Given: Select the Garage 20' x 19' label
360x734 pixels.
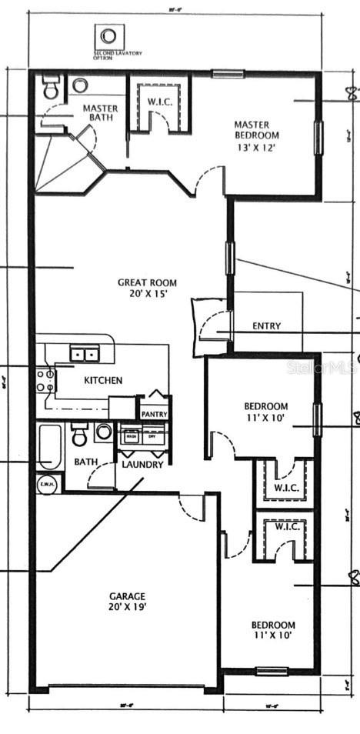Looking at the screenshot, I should [126, 601].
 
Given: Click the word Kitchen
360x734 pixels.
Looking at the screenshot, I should [103, 380].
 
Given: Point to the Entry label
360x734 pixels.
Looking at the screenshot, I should [266, 326].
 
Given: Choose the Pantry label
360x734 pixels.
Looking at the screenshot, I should [155, 414].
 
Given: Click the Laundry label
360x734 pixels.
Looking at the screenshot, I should [142, 465].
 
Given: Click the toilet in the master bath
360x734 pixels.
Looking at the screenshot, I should [51, 87].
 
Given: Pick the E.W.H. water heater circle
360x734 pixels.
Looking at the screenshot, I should [47, 484].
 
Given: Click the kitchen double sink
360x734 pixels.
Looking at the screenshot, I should [85, 354].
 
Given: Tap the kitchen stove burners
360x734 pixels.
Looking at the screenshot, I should [45, 382].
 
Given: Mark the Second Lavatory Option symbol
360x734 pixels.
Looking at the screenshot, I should [109, 35].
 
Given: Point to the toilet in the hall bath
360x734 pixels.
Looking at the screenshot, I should [80, 436].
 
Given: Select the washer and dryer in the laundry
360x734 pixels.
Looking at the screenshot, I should [142, 436].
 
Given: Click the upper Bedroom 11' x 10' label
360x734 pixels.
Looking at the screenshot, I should [266, 412].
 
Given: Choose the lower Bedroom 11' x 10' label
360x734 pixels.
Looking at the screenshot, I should [273, 630].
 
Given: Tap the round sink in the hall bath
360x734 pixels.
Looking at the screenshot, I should [104, 432].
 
